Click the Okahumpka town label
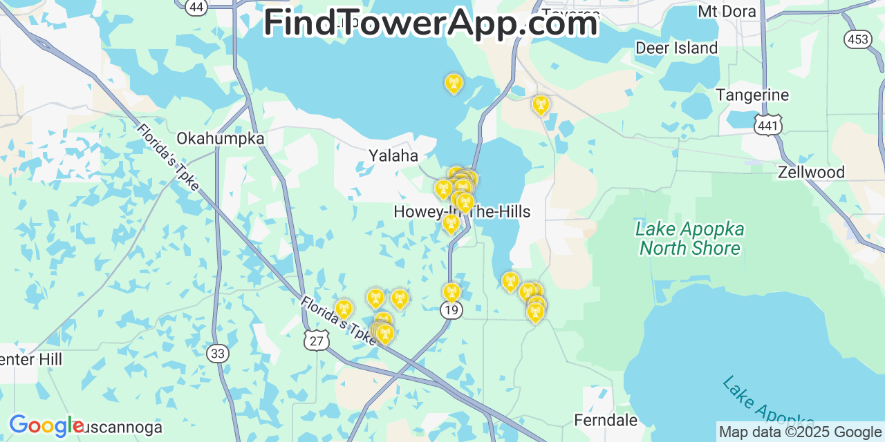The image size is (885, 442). click(x=220, y=138)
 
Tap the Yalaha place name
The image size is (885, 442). click(x=393, y=155)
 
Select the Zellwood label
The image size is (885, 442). click(x=811, y=172)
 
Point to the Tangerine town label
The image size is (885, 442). click(x=752, y=95)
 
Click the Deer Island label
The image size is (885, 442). click(x=676, y=48)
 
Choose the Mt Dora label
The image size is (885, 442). click(x=727, y=11)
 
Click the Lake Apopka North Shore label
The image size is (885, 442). click(x=690, y=238)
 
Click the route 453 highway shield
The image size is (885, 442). click(x=857, y=39)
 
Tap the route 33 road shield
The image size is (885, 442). click(x=217, y=354)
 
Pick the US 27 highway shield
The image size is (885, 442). click(x=315, y=340)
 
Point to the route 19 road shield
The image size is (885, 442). click(x=451, y=310)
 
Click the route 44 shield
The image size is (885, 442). click(x=196, y=7)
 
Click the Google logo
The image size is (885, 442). click(x=46, y=425)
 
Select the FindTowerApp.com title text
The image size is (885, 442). click(x=430, y=23)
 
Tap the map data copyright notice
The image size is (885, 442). click(x=800, y=432)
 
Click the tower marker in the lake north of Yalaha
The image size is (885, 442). click(x=454, y=84)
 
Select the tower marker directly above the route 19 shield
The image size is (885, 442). click(x=451, y=292)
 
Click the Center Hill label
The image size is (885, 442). click(x=30, y=359)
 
